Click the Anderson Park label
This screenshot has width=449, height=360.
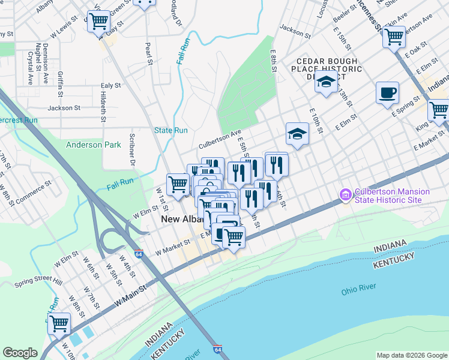coord(93,145)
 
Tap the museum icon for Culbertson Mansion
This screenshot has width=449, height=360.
coord(345,196)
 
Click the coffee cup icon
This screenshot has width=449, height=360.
coord(387,92)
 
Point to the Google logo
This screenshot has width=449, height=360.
coord(20,353)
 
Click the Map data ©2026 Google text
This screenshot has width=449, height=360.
coord(411,355)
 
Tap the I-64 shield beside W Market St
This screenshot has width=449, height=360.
coord(139,254)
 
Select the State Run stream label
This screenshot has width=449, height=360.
coord(171,130)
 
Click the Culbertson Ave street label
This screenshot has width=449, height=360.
coord(220,140)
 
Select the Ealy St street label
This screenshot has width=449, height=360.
coord(110,86)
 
